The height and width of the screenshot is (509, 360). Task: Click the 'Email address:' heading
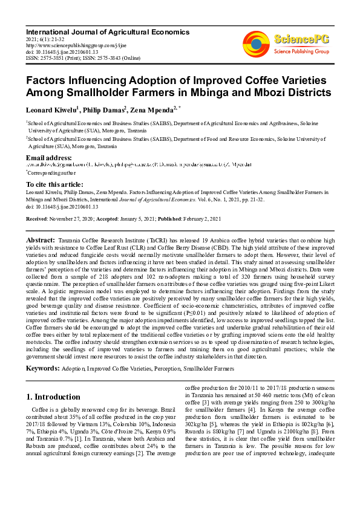[x=50, y=158]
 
